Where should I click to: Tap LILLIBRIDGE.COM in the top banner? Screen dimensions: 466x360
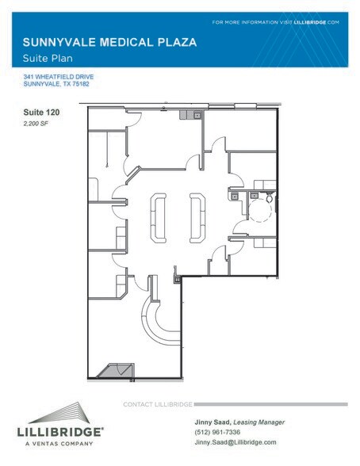pyautogui.click(x=320, y=21)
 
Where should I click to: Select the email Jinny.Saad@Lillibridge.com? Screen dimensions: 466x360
pyautogui.click(x=236, y=441)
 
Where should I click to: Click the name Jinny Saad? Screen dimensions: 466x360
pyautogui.click(x=213, y=422)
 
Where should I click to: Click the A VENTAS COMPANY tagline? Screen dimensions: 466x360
pyautogui.click(x=61, y=442)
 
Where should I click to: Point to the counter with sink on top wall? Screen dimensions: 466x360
pyautogui.click(x=190, y=116)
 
